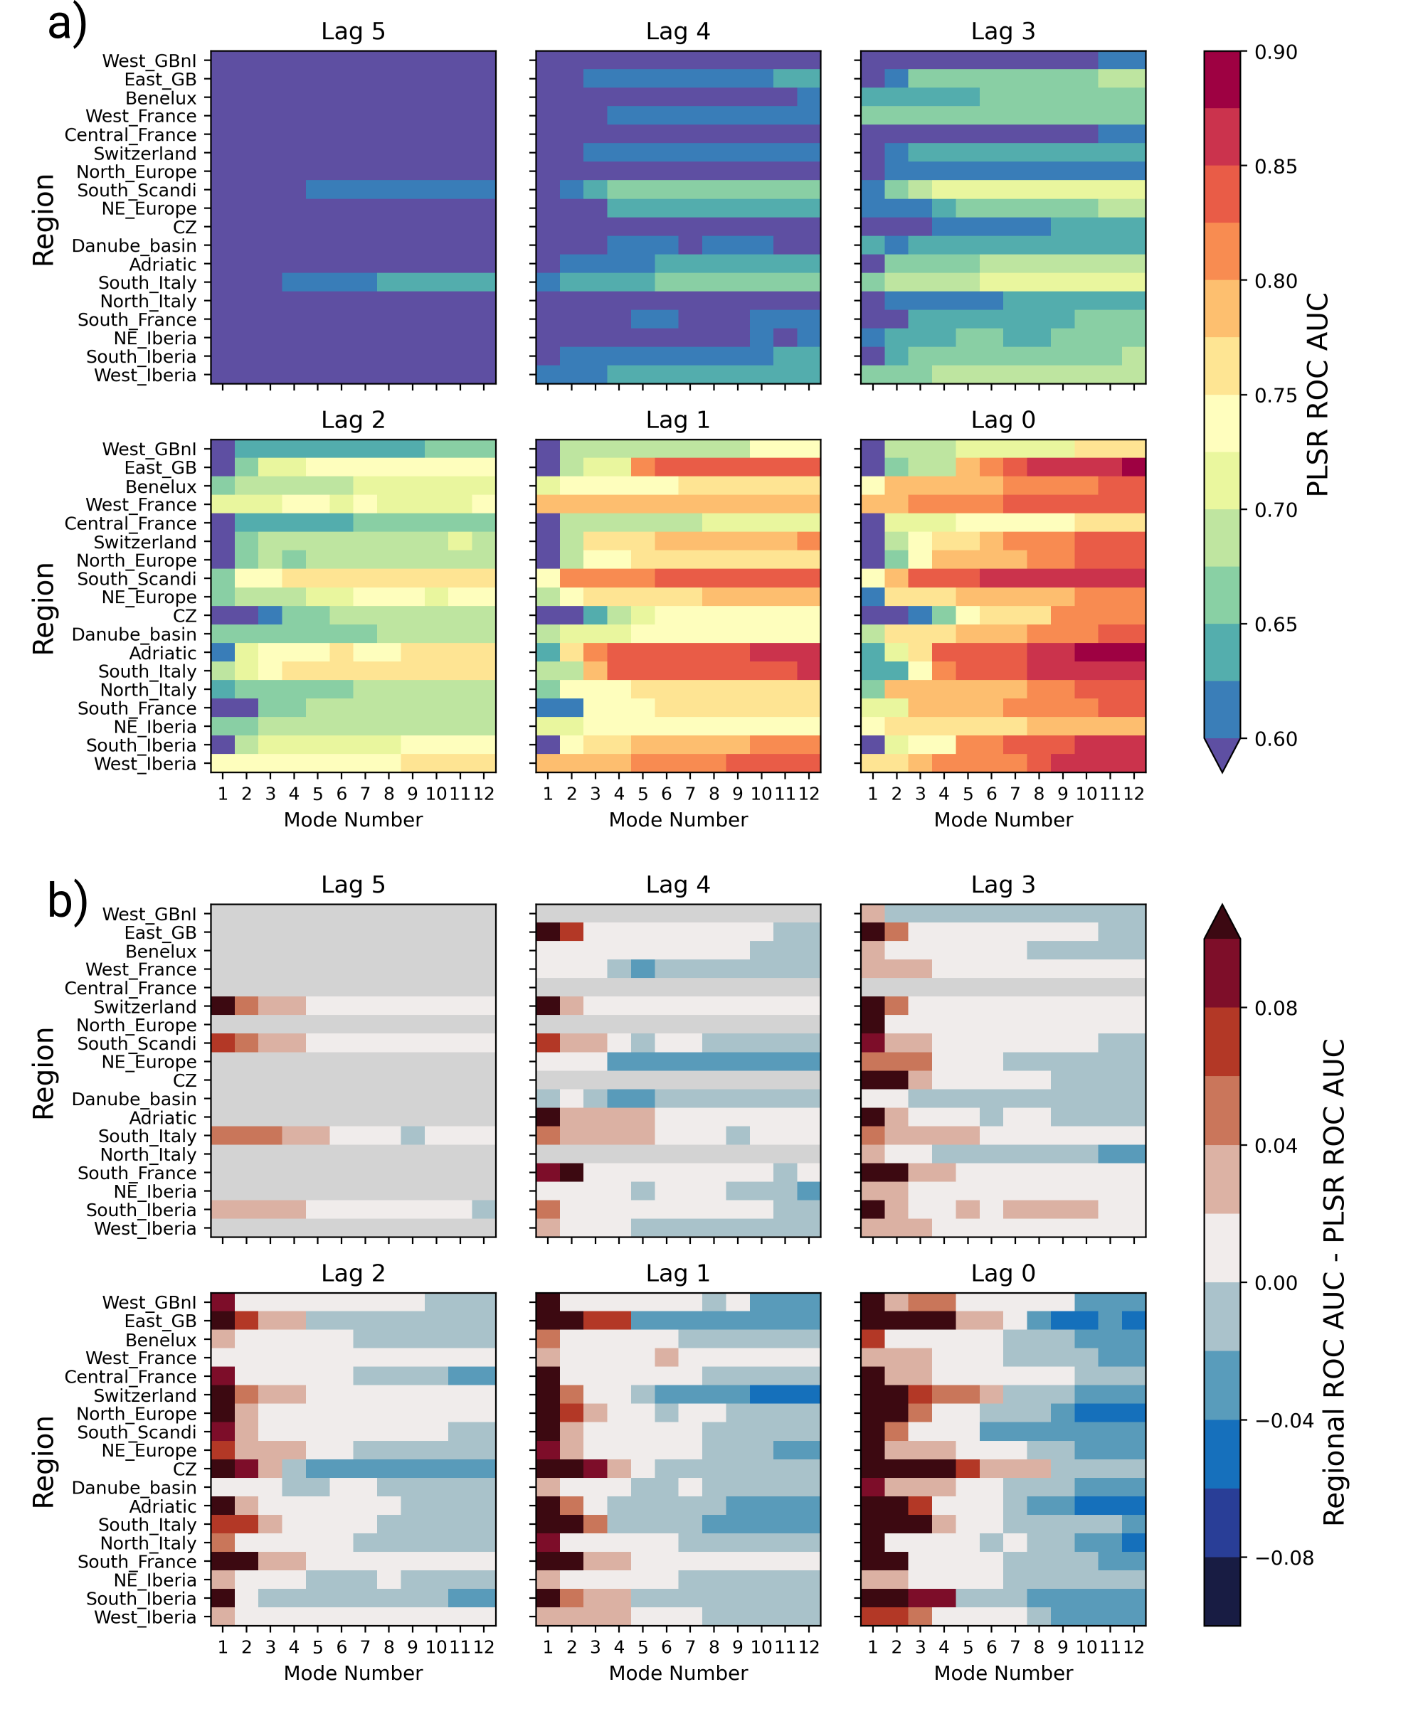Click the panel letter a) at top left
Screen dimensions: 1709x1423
67,24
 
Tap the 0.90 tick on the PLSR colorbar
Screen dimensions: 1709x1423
1276,52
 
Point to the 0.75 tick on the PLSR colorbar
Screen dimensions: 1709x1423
1276,395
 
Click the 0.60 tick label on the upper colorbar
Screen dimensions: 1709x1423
1276,739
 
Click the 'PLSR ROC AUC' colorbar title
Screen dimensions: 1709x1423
1318,395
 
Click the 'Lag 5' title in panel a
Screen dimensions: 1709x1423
352,32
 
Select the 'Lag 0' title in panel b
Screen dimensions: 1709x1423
1003,1273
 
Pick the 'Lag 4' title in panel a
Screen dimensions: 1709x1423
677,32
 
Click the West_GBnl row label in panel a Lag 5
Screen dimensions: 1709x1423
149,61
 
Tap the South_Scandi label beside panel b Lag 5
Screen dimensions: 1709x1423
137,1043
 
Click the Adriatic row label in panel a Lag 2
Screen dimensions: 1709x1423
163,653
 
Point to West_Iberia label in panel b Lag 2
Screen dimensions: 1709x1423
145,1617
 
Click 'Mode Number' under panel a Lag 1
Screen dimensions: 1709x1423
678,819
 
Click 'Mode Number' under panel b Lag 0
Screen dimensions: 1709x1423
1003,1673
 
